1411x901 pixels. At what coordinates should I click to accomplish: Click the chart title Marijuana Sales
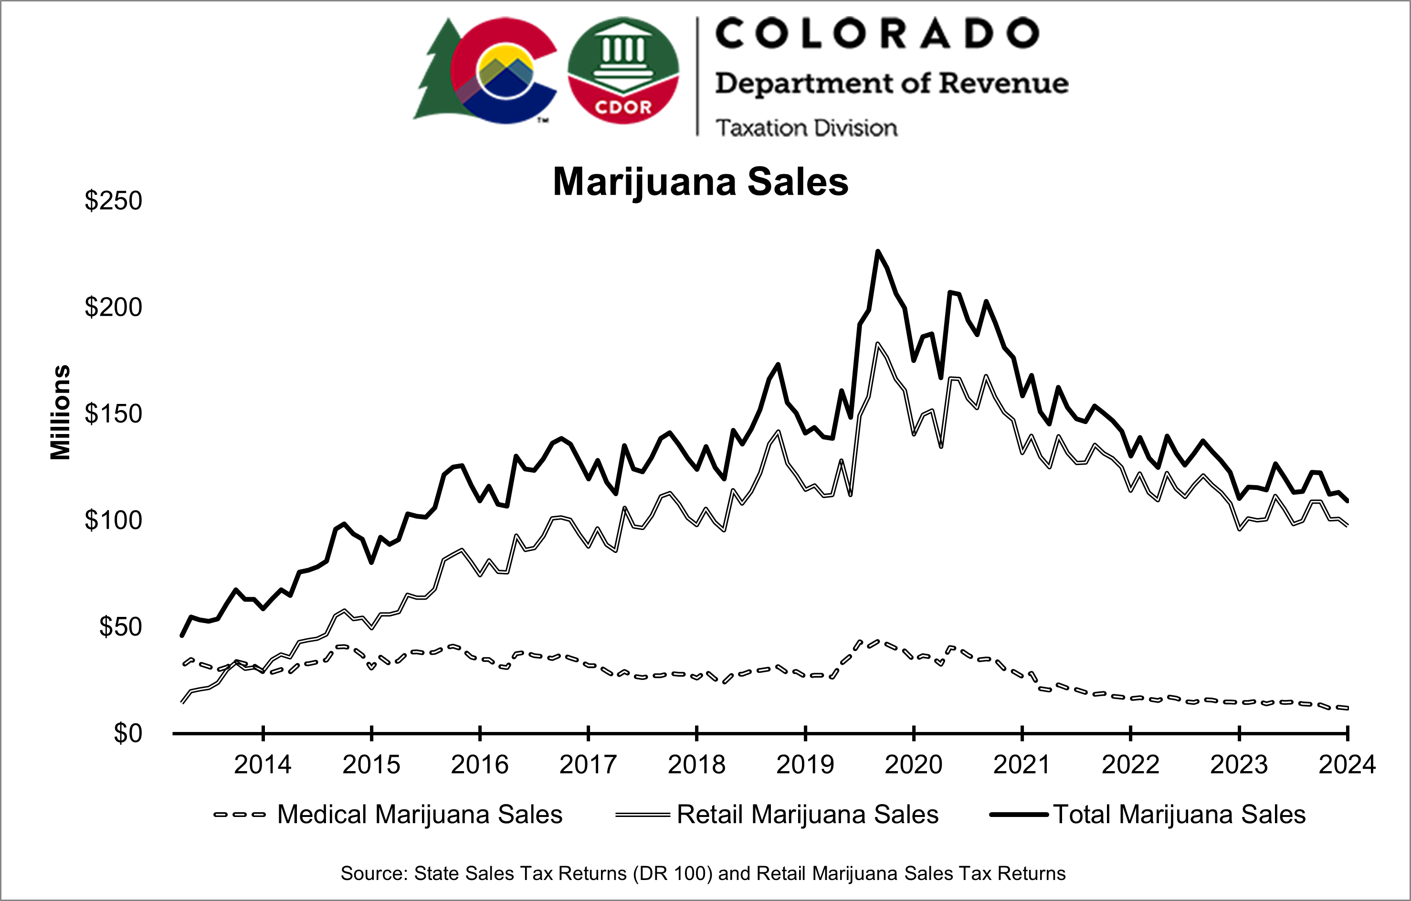pyautogui.click(x=700, y=182)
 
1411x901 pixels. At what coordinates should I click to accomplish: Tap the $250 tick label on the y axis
pyautogui.click(x=113, y=201)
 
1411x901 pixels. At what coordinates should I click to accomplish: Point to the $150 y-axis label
pyautogui.click(x=113, y=414)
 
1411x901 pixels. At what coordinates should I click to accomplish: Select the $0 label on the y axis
pyautogui.click(x=128, y=734)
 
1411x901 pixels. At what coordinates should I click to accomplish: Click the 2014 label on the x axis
pyautogui.click(x=263, y=765)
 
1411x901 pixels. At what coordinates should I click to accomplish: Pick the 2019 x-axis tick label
pyautogui.click(x=805, y=765)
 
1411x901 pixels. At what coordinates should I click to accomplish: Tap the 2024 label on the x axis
pyautogui.click(x=1347, y=765)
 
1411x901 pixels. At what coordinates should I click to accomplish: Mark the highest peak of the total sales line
pyautogui.click(x=877, y=252)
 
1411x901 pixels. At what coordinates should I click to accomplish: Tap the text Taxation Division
pyautogui.click(x=806, y=128)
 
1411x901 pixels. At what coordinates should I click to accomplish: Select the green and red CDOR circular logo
pyautogui.click(x=623, y=70)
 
